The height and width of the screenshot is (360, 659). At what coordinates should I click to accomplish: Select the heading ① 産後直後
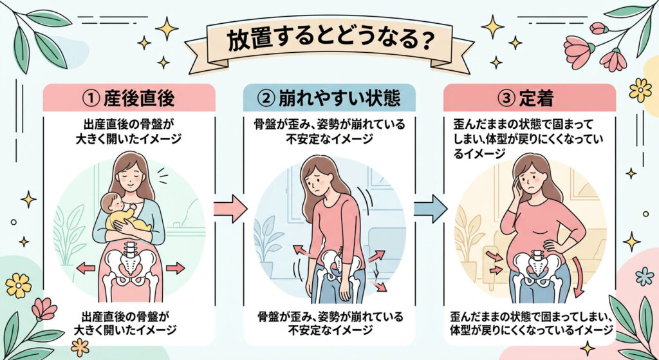[129, 100]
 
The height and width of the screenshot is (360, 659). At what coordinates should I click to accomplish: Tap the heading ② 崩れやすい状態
[329, 100]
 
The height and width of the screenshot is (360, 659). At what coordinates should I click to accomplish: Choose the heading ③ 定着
[530, 100]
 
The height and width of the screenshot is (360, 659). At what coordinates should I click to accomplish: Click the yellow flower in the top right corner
[640, 90]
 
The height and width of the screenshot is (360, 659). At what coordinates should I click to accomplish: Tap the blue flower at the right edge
[644, 276]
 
